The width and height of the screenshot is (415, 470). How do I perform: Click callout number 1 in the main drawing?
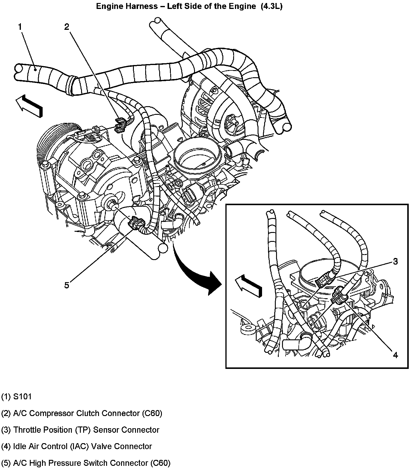(x=20, y=27)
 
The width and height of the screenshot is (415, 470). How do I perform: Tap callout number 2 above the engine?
(x=66, y=27)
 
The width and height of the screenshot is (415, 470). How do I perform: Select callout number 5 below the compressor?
(x=66, y=285)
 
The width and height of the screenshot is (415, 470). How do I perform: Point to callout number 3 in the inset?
(x=395, y=262)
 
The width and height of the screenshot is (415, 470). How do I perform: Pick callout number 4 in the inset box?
(x=395, y=355)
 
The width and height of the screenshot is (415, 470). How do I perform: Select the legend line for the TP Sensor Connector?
(x=80, y=430)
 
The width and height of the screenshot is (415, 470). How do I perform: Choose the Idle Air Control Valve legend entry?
(x=77, y=446)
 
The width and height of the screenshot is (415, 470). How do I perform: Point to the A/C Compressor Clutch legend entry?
(x=82, y=413)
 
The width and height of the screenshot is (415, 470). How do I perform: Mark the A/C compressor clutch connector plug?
(x=121, y=124)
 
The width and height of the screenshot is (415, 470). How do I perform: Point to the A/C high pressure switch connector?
(x=137, y=224)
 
